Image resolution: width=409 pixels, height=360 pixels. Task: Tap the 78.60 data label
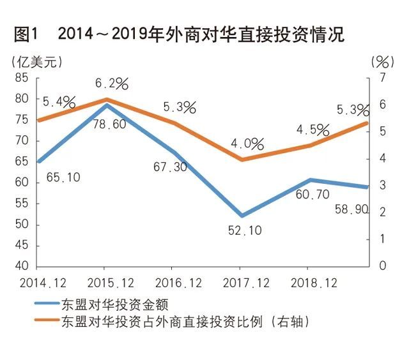coord(107,125)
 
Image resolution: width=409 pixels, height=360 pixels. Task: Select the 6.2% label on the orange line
coord(112,84)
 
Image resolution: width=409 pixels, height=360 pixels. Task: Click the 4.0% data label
coord(247,144)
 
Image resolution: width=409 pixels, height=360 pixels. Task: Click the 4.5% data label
coord(313,130)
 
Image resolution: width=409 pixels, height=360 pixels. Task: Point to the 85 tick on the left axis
coord(22,78)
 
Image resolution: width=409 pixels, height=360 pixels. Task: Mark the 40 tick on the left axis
coord(22,266)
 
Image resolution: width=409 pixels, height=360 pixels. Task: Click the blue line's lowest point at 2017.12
coord(241,216)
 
